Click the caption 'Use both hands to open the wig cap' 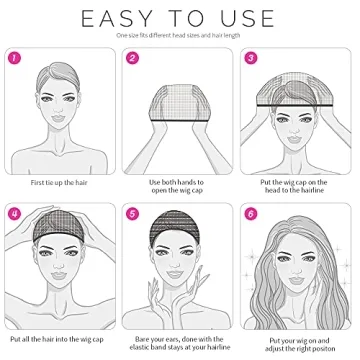[179, 186]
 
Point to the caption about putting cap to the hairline [296, 186]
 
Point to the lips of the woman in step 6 [291, 285]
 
